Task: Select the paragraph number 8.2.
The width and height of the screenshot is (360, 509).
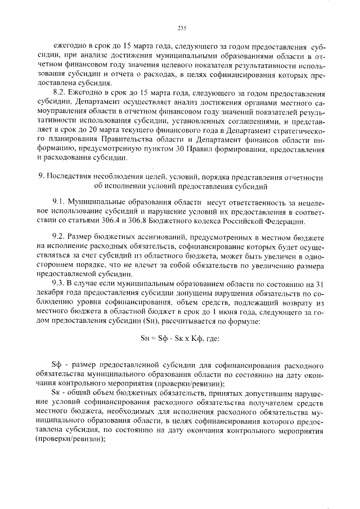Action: pyautogui.click(x=58, y=92)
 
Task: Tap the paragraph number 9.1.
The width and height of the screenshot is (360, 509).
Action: pyautogui.click(x=58, y=201)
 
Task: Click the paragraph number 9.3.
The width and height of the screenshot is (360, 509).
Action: pyautogui.click(x=58, y=283)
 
